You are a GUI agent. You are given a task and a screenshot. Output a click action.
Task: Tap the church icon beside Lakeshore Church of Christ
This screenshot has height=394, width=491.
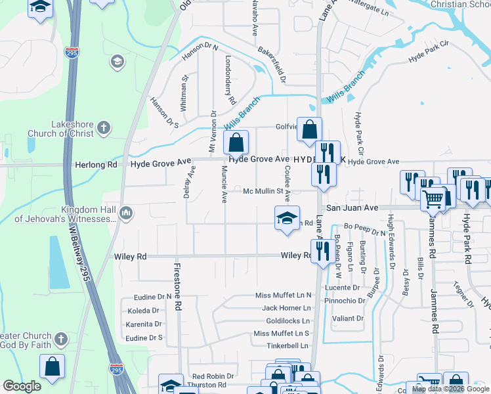click(x=104, y=128)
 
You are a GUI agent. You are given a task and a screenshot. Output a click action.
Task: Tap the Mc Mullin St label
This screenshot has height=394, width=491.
click(x=267, y=192)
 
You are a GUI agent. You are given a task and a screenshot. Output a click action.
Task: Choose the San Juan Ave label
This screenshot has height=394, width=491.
click(x=353, y=208)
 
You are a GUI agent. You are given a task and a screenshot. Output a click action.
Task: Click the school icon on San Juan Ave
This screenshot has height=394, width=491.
click(x=287, y=218)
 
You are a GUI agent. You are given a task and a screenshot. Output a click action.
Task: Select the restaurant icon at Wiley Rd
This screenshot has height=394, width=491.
click(x=322, y=252)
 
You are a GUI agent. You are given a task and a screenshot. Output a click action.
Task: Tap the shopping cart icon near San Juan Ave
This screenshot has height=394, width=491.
click(x=433, y=198)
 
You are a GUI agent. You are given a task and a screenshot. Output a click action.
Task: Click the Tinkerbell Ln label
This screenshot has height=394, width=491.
click(x=287, y=345)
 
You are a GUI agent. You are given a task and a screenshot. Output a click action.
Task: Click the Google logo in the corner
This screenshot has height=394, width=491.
click(x=22, y=386)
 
